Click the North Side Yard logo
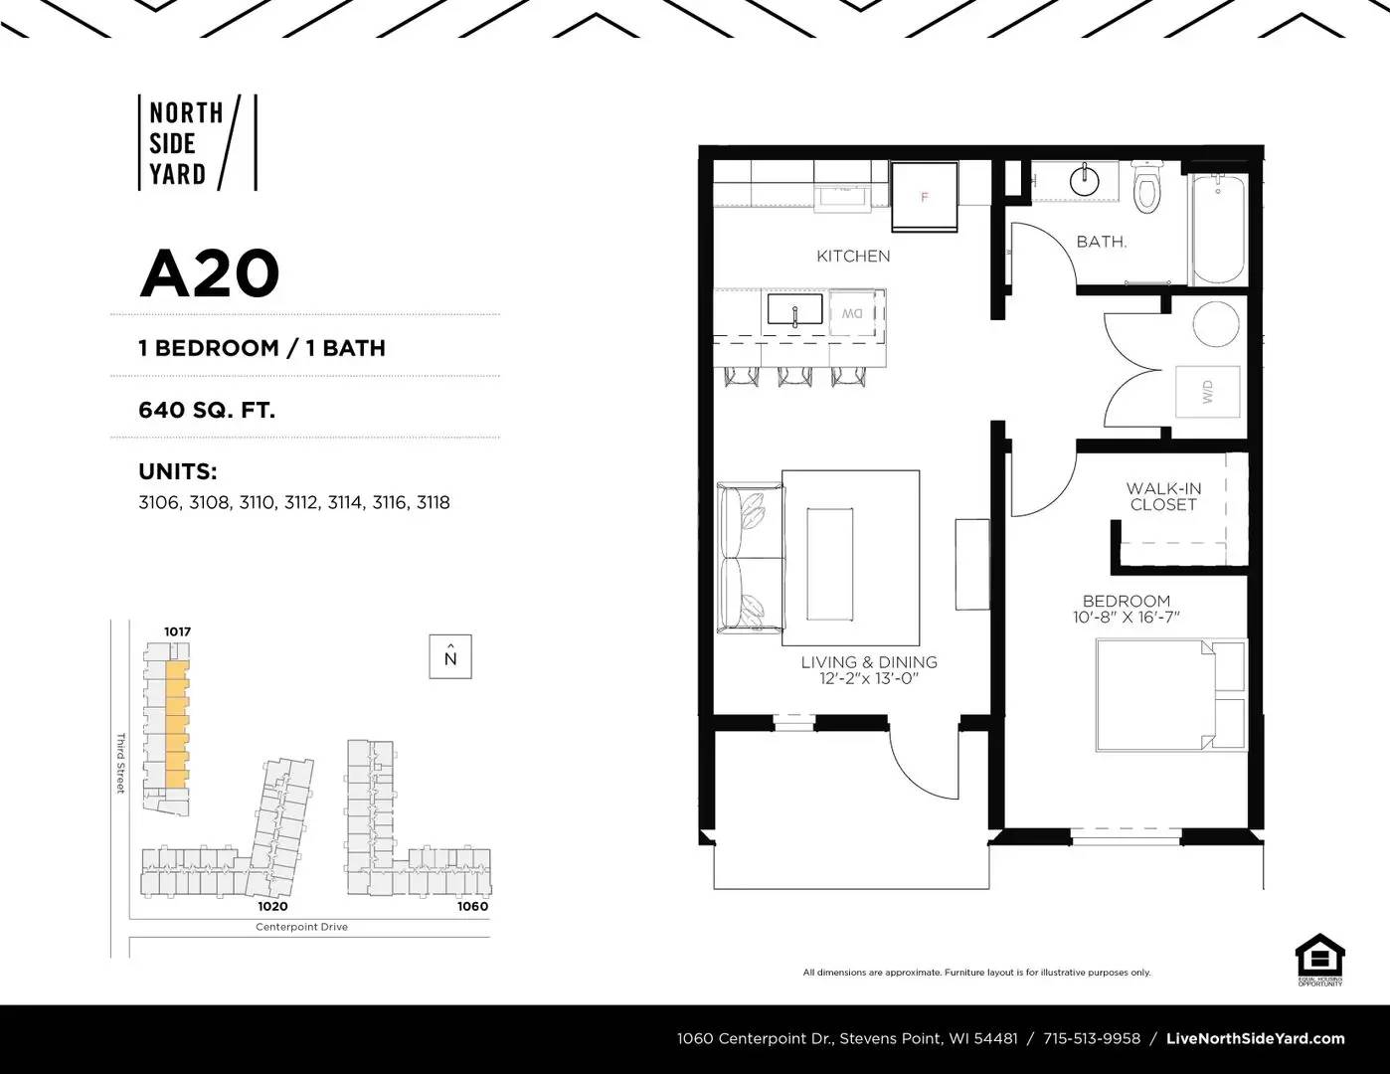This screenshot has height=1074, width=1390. pyautogui.click(x=197, y=142)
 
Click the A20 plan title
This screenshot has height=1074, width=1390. pyautogui.click(x=209, y=273)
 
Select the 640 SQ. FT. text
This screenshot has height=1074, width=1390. pyautogui.click(x=207, y=409)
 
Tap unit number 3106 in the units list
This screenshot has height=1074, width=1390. pyautogui.click(x=158, y=503)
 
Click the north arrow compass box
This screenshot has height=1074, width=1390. pyautogui.click(x=450, y=657)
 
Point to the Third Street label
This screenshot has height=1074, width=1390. pyautogui.click(x=120, y=763)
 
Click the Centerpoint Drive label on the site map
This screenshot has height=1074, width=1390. pyautogui.click(x=301, y=927)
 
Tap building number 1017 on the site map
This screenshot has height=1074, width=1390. pyautogui.click(x=177, y=631)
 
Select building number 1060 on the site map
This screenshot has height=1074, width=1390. pyautogui.click(x=472, y=906)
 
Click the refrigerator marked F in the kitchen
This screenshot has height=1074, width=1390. pyautogui.click(x=924, y=197)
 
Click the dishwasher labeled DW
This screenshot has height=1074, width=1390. pyautogui.click(x=852, y=313)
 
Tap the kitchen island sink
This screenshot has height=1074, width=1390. pyautogui.click(x=794, y=310)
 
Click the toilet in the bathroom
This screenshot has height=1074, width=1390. pyautogui.click(x=1147, y=190)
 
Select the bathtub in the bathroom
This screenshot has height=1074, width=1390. pyautogui.click(x=1217, y=229)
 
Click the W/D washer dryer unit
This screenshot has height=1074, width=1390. pyautogui.click(x=1208, y=391)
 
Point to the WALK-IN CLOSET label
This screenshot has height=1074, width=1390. pyautogui.click(x=1163, y=496)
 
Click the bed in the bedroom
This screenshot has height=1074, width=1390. pyautogui.click(x=1169, y=695)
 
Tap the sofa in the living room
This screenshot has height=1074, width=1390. pyautogui.click(x=751, y=558)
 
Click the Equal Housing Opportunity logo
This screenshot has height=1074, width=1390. pyautogui.click(x=1319, y=960)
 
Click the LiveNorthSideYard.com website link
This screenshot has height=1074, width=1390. pyautogui.click(x=1255, y=1038)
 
